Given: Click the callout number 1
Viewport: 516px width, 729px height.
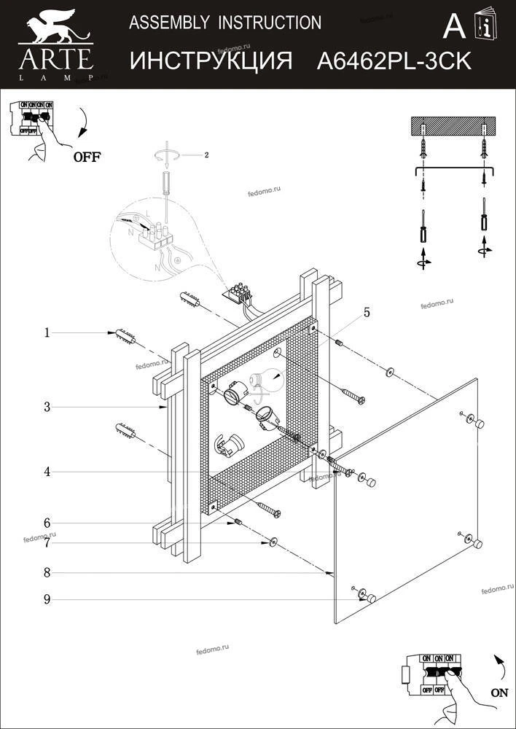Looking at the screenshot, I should (x=47, y=333).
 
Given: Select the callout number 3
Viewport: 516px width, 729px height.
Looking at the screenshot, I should (x=47, y=408).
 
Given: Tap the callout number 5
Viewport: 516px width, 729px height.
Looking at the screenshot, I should (x=367, y=313).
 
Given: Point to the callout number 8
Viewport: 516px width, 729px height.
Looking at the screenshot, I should (x=47, y=573).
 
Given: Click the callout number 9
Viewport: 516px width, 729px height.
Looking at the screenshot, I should (x=47, y=600).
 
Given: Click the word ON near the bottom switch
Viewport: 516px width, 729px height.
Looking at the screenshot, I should (x=499, y=693).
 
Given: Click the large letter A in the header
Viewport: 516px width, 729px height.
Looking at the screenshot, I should (x=453, y=27).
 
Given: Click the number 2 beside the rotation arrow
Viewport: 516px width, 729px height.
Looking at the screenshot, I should (x=207, y=155).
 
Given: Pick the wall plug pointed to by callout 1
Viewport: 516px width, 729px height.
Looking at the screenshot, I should (x=125, y=337).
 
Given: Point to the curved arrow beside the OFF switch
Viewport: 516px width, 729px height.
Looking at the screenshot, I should (x=85, y=123).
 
